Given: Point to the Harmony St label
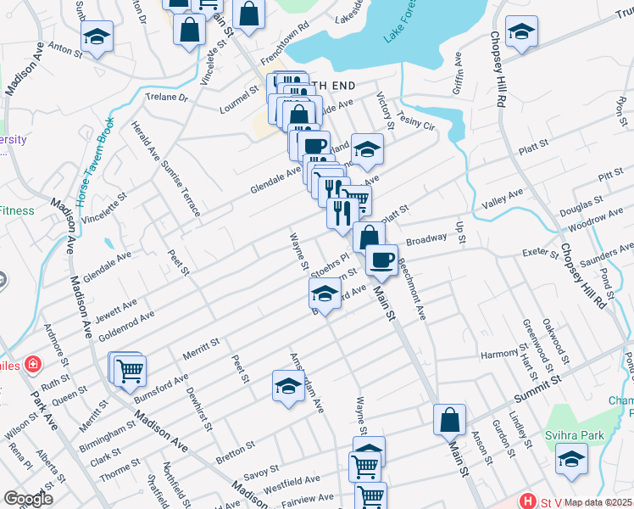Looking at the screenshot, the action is click(499, 353).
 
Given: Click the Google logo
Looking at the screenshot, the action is click(28, 499).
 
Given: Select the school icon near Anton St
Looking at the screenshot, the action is click(97, 37).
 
